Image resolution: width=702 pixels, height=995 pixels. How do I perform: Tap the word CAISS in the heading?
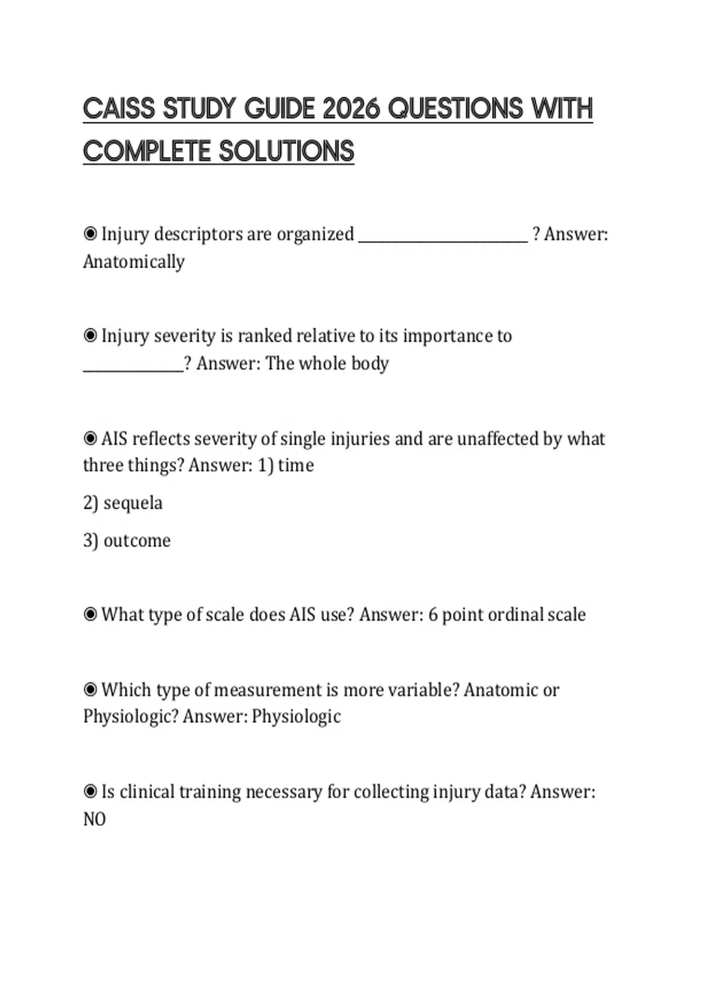[119, 109]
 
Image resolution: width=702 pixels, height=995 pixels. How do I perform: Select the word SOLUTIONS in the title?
[287, 152]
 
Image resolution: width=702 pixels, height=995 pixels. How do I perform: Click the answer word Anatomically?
[133, 262]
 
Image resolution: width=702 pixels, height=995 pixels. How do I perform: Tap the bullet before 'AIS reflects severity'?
[90, 438]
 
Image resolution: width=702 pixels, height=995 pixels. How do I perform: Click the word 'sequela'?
[133, 503]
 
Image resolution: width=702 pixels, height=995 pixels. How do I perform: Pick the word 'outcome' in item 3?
[137, 540]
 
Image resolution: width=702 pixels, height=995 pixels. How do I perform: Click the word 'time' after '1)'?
[296, 465]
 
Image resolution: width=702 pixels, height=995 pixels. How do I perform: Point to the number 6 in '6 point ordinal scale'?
[433, 615]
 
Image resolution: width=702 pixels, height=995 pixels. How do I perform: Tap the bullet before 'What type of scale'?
[90, 615]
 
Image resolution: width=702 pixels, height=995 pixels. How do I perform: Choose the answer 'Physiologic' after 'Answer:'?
[296, 716]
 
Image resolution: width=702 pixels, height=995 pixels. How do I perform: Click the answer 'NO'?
[94, 819]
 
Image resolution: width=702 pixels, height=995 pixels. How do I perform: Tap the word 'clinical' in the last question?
[147, 792]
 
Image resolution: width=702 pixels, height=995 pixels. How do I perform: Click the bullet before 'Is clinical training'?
[90, 792]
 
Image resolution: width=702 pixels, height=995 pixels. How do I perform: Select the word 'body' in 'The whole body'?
[370, 363]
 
